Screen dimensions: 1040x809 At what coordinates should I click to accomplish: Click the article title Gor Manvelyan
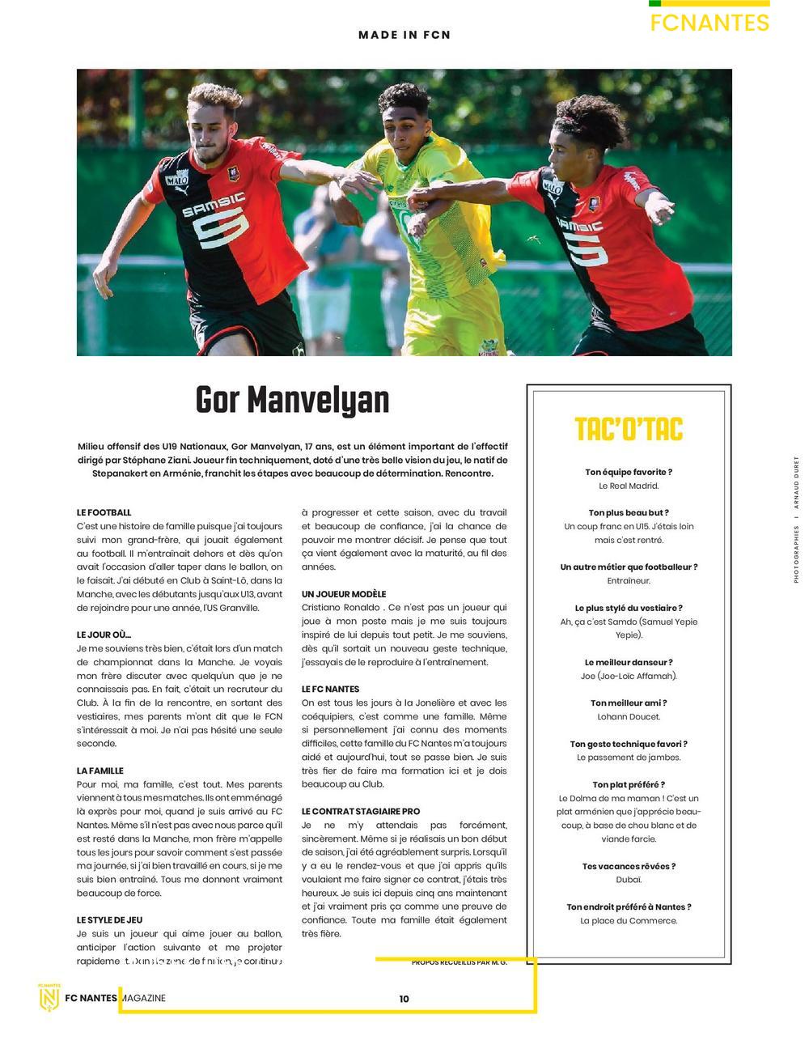click(292, 400)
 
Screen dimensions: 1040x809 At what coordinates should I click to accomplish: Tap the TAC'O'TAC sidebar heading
click(629, 429)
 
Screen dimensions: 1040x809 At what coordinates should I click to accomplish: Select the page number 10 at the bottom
click(404, 999)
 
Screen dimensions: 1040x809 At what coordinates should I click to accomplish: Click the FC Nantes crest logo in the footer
click(49, 997)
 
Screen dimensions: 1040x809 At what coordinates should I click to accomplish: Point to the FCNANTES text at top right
click(709, 23)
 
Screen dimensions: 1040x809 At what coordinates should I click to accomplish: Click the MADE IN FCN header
click(404, 35)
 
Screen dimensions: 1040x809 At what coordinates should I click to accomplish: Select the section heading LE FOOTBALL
click(104, 512)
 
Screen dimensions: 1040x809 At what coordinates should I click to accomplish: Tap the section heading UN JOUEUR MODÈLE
click(344, 594)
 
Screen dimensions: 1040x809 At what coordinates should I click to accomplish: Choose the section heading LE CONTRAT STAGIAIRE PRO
click(361, 811)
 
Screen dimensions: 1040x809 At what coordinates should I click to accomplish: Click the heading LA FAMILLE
click(100, 770)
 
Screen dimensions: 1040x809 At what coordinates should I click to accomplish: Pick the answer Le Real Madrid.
click(629, 486)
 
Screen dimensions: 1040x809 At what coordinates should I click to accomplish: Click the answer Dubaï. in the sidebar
click(629, 880)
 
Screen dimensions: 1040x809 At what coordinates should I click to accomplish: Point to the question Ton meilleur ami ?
click(629, 703)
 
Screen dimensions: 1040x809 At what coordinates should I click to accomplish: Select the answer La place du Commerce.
click(629, 920)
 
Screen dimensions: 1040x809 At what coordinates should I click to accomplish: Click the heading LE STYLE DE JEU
click(109, 920)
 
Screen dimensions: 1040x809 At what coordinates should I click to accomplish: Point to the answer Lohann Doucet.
click(629, 716)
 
